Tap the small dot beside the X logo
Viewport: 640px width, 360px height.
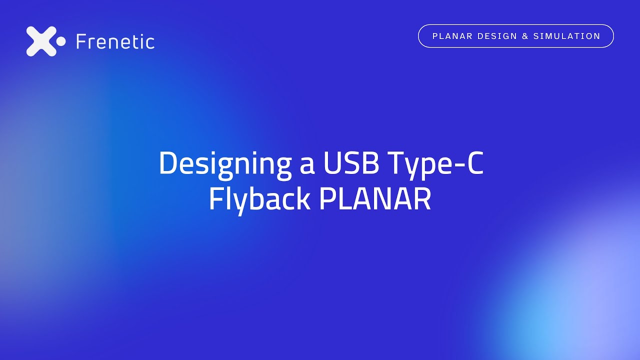point(60,41)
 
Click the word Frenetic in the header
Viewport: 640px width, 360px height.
point(115,41)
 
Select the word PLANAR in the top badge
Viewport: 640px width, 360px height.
point(452,36)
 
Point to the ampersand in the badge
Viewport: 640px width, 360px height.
point(525,36)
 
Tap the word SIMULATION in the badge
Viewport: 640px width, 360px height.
point(567,36)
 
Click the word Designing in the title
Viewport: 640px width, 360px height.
point(225,165)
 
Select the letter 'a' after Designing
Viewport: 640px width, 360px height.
point(307,167)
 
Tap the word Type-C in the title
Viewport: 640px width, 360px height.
point(436,165)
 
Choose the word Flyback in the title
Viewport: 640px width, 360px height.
point(259,200)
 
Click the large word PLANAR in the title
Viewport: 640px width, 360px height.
point(375,198)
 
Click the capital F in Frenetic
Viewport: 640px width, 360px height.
point(81,41)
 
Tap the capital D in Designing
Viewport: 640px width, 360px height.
point(168,162)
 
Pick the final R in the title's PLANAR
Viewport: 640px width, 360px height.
point(423,198)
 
